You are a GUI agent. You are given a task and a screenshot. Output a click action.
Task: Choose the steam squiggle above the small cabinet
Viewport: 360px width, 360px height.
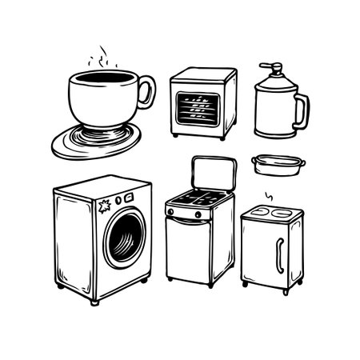tap(270, 197)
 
